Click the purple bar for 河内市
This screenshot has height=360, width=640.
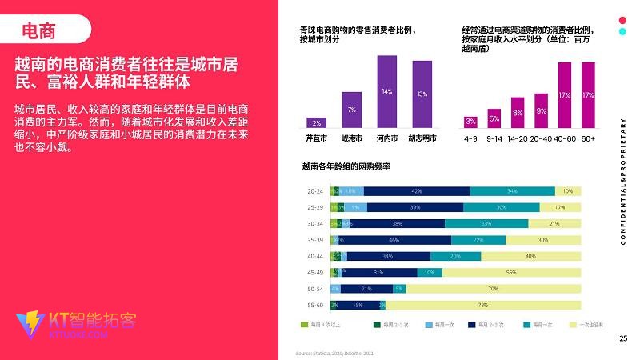[387, 91]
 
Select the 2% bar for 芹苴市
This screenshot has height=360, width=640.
[317, 122]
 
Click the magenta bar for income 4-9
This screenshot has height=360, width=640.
[470, 122]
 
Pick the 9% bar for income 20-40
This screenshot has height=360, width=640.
[542, 110]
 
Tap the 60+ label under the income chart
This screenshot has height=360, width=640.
[588, 138]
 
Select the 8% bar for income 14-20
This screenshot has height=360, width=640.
[518, 113]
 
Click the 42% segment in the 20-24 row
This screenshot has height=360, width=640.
[416, 191]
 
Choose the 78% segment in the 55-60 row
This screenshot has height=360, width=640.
[483, 305]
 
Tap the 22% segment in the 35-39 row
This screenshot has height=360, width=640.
[478, 240]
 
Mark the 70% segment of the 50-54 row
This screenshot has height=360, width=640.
[494, 289]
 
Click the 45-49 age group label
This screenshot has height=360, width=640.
[315, 272]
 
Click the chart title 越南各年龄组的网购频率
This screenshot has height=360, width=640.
[346, 166]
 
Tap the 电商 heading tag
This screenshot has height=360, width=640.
[39, 31]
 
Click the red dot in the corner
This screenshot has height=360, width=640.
[622, 20]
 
